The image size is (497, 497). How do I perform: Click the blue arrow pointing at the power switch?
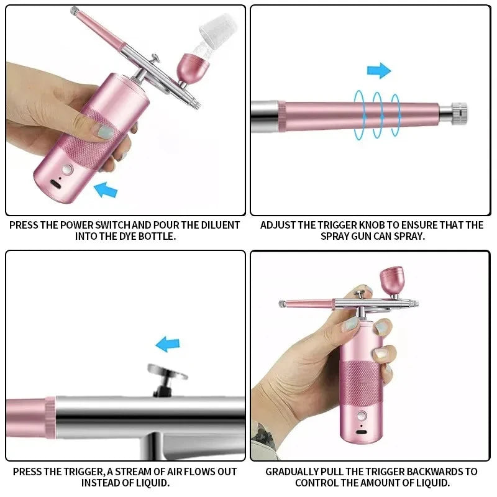point(106,189)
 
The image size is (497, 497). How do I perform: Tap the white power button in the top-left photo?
point(68,169)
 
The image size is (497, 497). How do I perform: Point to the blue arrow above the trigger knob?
point(378,70)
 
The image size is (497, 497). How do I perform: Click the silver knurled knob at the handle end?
point(459,112)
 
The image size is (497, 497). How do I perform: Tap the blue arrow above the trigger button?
point(167,344)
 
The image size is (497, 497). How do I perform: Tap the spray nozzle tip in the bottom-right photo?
point(281,304)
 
